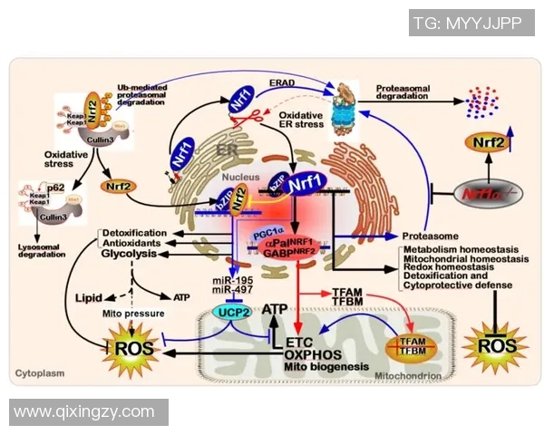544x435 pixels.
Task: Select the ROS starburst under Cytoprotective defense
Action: [490, 345]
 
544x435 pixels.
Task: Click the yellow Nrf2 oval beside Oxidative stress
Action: [119, 188]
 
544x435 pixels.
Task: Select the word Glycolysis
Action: [130, 256]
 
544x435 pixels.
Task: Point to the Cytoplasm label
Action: [40, 373]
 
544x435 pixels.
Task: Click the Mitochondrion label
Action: [408, 374]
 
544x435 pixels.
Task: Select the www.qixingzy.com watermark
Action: [84, 411]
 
